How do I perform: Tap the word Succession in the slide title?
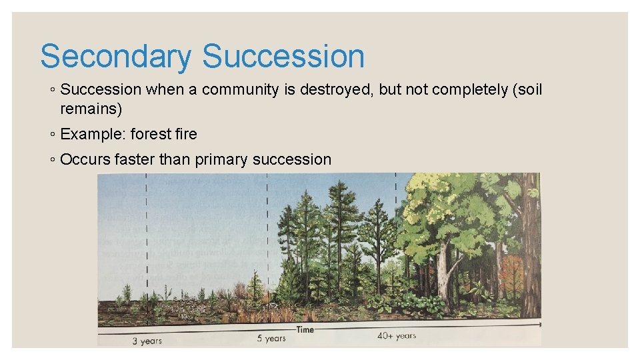point(283,57)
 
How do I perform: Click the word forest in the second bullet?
point(150,134)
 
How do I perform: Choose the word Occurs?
point(83,159)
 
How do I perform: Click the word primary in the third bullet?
point(222,159)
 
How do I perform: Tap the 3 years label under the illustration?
point(147,341)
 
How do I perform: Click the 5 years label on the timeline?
point(271,339)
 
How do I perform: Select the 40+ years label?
point(396,336)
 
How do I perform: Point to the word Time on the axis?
point(305,330)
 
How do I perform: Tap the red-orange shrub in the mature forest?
point(511,273)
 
